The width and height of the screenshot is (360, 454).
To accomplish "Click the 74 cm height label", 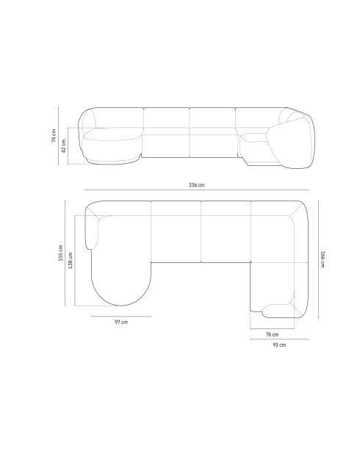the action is pyautogui.click(x=54, y=135).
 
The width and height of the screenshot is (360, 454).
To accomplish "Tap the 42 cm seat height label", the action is pyautogui.click(x=64, y=145).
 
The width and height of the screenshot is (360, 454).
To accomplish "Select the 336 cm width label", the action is pyautogui.click(x=196, y=185).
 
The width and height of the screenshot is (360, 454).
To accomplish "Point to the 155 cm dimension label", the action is pyautogui.click(x=61, y=253).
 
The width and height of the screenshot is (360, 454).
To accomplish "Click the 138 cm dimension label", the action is pyautogui.click(x=70, y=260).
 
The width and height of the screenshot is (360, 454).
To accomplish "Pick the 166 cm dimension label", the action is pyautogui.click(x=323, y=259).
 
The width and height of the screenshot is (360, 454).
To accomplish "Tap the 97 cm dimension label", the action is pyautogui.click(x=121, y=322).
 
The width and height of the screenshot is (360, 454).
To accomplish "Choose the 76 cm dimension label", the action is pyautogui.click(x=273, y=334).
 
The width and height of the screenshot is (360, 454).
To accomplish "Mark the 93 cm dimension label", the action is pyautogui.click(x=279, y=345).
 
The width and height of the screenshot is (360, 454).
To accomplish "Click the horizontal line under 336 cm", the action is pyautogui.click(x=197, y=190).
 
